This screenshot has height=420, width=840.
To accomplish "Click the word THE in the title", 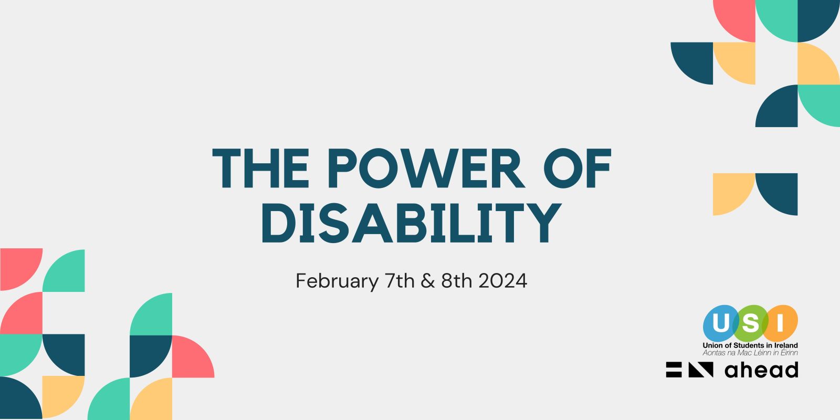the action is pyautogui.click(x=260, y=167).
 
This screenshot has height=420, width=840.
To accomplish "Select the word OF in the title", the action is pyautogui.click(x=577, y=167).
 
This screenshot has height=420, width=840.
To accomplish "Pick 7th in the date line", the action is pyautogui.click(x=400, y=280).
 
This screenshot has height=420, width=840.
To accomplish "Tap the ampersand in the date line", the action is pyautogui.click(x=428, y=281).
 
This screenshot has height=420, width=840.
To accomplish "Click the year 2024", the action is pyautogui.click(x=503, y=281).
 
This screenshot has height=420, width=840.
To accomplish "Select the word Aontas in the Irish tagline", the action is pyautogui.click(x=713, y=352).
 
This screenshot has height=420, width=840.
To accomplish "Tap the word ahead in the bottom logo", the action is pyautogui.click(x=761, y=370).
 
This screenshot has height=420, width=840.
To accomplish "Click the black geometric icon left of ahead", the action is pyautogui.click(x=690, y=370).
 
